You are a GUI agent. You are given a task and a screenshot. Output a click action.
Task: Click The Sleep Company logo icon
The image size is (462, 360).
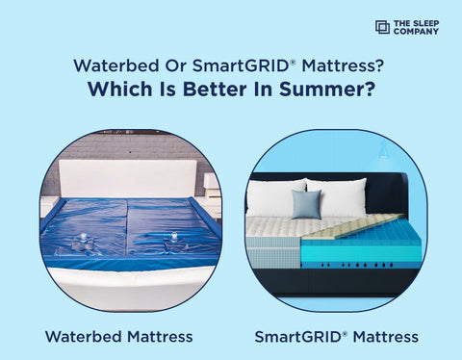coord(382,27)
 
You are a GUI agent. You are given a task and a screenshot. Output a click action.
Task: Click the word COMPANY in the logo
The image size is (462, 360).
coord(416,32)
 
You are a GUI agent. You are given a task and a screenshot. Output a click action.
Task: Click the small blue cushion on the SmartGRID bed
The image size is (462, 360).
coord(306,203)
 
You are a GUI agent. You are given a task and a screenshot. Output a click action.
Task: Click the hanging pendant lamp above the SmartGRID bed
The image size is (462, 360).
coord(383,153)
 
